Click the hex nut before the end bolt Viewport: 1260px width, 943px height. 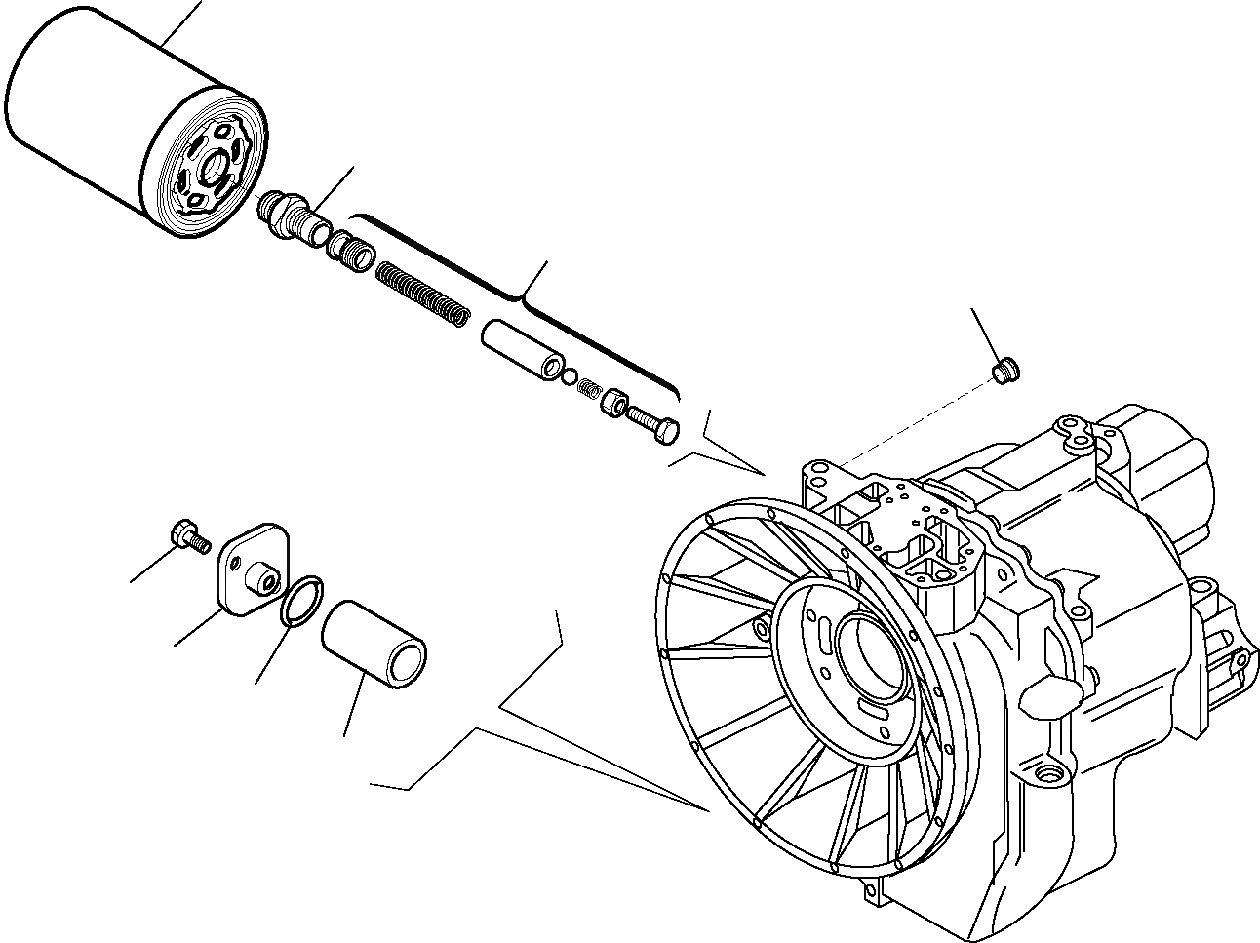613,401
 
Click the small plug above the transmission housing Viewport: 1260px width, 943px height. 1004,370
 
